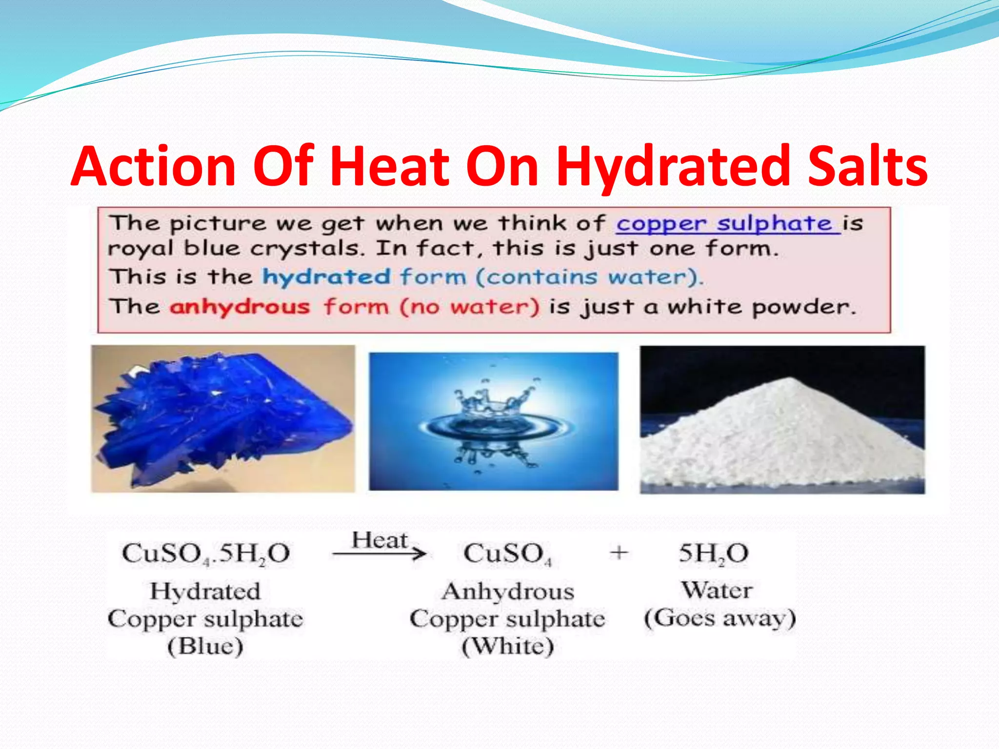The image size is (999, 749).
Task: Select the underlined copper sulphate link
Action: tap(727, 224)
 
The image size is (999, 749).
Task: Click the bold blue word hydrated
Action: tap(326, 277)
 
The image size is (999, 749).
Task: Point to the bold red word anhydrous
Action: tap(240, 307)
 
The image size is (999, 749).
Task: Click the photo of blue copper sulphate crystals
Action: tap(223, 418)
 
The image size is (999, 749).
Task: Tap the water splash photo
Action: tap(493, 421)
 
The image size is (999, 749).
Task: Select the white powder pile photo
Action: tap(782, 419)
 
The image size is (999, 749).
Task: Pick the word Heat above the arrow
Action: tap(380, 540)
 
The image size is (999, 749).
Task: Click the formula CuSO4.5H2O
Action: tap(206, 554)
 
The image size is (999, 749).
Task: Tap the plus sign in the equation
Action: tap(619, 553)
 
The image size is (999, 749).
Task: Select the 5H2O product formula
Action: tap(713, 554)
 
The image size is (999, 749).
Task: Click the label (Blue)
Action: tap(205, 647)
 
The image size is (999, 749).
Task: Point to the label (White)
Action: tap(508, 647)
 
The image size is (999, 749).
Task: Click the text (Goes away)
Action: tap(719, 618)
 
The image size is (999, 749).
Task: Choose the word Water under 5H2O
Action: tap(717, 590)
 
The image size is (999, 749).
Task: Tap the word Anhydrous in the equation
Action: tap(508, 591)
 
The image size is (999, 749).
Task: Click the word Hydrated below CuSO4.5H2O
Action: tap(205, 591)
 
